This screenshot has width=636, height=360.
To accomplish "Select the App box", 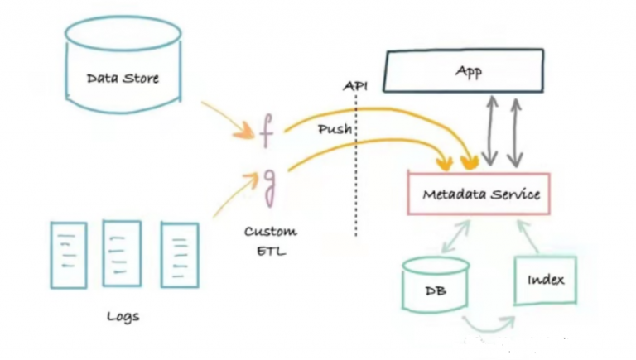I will coord(468,72).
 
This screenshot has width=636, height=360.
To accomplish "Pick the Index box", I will coord(545,279).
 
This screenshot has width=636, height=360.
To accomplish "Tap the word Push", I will coord(334,130).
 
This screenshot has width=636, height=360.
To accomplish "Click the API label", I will coord(355,86).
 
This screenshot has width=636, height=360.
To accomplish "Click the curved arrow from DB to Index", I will coord(489,323).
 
